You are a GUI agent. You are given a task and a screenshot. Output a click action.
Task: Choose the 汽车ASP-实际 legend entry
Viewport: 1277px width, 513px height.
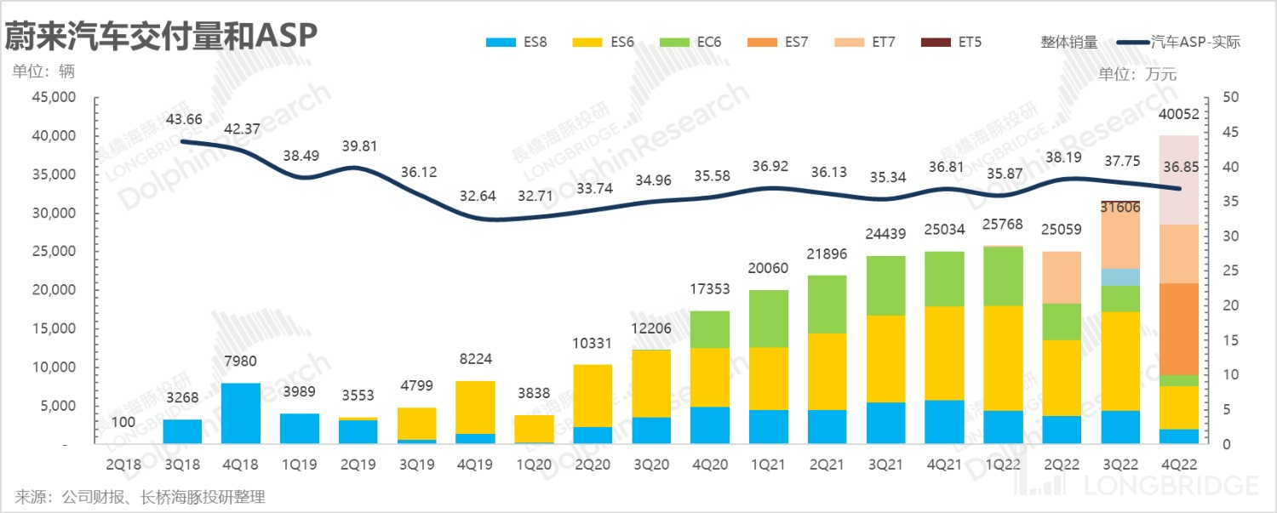tap(1178, 41)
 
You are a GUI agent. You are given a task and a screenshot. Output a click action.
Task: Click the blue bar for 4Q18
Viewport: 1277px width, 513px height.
tap(241, 413)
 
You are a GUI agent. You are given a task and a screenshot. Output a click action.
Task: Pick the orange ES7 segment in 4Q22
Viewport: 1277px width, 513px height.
tap(1178, 328)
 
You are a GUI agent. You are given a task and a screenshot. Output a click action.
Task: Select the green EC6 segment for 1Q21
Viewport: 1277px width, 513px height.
tap(770, 318)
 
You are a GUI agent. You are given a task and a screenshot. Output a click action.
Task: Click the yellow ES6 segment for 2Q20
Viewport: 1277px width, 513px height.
tap(593, 396)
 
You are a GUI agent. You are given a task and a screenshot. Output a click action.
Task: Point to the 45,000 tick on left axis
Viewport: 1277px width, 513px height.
tap(54, 98)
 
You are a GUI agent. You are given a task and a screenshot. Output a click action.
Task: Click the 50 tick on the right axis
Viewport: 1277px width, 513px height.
tap(1229, 98)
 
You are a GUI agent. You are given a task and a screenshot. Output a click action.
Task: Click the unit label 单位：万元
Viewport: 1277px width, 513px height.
tap(1137, 74)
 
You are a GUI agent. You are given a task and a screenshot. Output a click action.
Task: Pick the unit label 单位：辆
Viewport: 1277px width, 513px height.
tap(43, 71)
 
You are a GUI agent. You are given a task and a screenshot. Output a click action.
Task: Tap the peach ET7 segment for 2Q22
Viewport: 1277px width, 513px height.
tap(1061, 277)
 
